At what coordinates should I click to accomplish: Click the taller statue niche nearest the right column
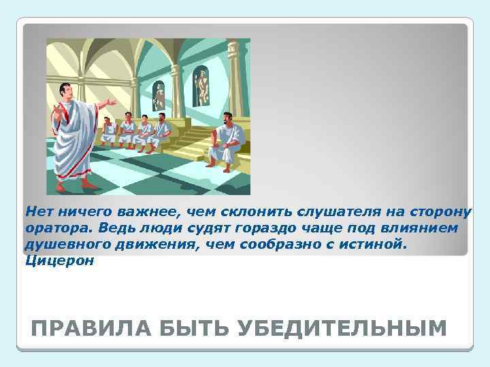(201, 85)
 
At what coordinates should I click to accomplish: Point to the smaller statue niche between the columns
(159, 94)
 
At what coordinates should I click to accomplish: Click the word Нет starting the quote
(37, 211)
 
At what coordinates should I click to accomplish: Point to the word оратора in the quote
(54, 228)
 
